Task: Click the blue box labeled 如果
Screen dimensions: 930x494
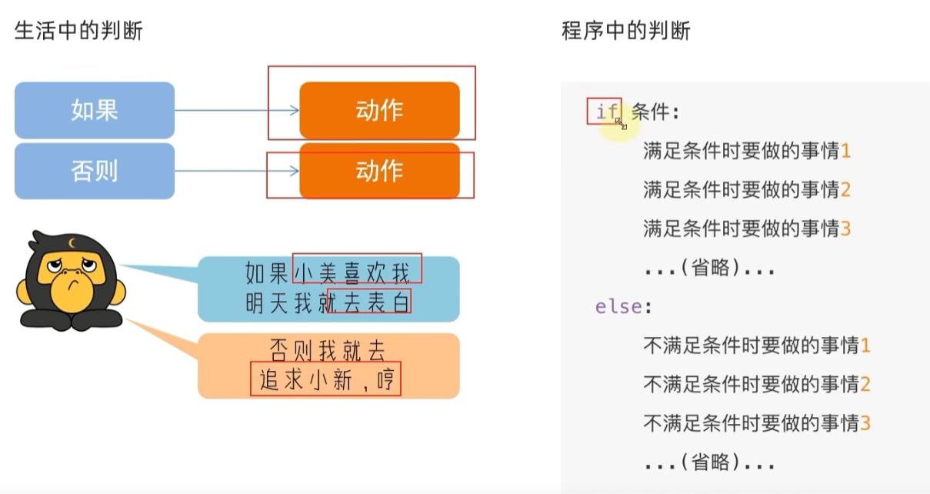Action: click(95, 110)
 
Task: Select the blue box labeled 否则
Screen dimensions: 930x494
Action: click(95, 171)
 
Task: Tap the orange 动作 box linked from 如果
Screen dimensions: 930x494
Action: click(379, 110)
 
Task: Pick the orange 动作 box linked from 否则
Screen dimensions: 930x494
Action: click(379, 171)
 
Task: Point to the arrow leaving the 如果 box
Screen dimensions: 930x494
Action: click(237, 110)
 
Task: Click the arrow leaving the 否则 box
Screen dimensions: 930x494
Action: click(237, 171)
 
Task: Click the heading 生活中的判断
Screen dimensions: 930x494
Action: click(78, 31)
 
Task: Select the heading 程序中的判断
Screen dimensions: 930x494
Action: click(625, 31)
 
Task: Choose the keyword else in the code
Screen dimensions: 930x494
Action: click(619, 306)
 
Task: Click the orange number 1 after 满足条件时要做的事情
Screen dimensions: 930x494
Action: click(845, 150)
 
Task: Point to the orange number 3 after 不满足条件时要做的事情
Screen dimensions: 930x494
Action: click(865, 423)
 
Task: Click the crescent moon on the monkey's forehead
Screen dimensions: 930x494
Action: click(72, 242)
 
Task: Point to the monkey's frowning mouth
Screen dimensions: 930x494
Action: click(74, 285)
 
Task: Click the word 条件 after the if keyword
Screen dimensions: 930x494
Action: click(651, 112)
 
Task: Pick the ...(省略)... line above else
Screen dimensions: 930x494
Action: click(709, 268)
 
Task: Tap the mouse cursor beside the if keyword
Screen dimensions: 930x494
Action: click(621, 123)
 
